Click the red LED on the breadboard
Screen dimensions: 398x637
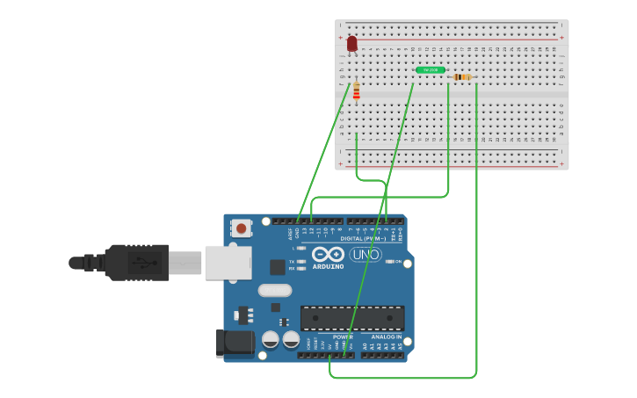(x=352, y=44)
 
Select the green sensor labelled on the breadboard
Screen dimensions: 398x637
(x=431, y=69)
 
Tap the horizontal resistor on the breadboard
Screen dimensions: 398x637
(x=462, y=77)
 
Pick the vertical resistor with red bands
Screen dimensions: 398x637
(x=356, y=90)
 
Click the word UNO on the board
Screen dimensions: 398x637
(x=366, y=255)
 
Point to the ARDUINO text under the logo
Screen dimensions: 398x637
(x=327, y=266)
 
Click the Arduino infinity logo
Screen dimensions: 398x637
(x=327, y=254)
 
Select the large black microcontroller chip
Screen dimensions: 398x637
(x=352, y=317)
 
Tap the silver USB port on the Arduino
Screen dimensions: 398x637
(x=228, y=262)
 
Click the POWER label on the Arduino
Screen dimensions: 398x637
(x=342, y=336)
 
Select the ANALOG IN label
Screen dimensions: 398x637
(x=387, y=336)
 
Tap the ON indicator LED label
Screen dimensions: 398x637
(x=398, y=262)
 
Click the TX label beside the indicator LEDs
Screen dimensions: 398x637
(x=292, y=261)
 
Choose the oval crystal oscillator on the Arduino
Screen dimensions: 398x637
(x=274, y=290)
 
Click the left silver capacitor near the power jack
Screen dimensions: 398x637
(x=271, y=339)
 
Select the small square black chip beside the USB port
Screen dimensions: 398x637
(x=278, y=267)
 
